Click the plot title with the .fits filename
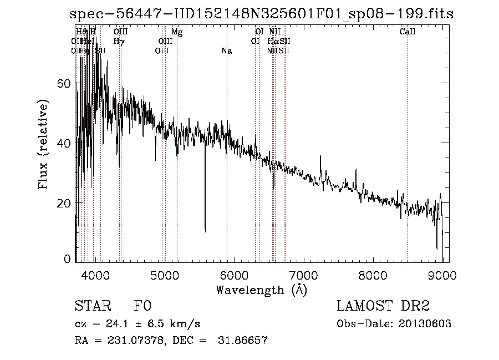pyautogui.click(x=262, y=14)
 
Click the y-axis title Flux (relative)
pyautogui.click(x=43, y=144)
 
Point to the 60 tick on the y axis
pyautogui.click(x=65, y=83)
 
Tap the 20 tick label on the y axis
pyautogui.click(x=65, y=203)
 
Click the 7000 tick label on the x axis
pyautogui.click(x=303, y=275)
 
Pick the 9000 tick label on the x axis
pyautogui.click(x=442, y=275)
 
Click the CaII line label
pyautogui.click(x=408, y=32)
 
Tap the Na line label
pyautogui.click(x=226, y=51)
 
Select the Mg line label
pyautogui.click(x=177, y=32)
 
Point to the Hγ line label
pyautogui.click(x=118, y=41)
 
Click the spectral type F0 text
pyautogui.click(x=142, y=306)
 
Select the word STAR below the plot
pyautogui.click(x=92, y=306)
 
